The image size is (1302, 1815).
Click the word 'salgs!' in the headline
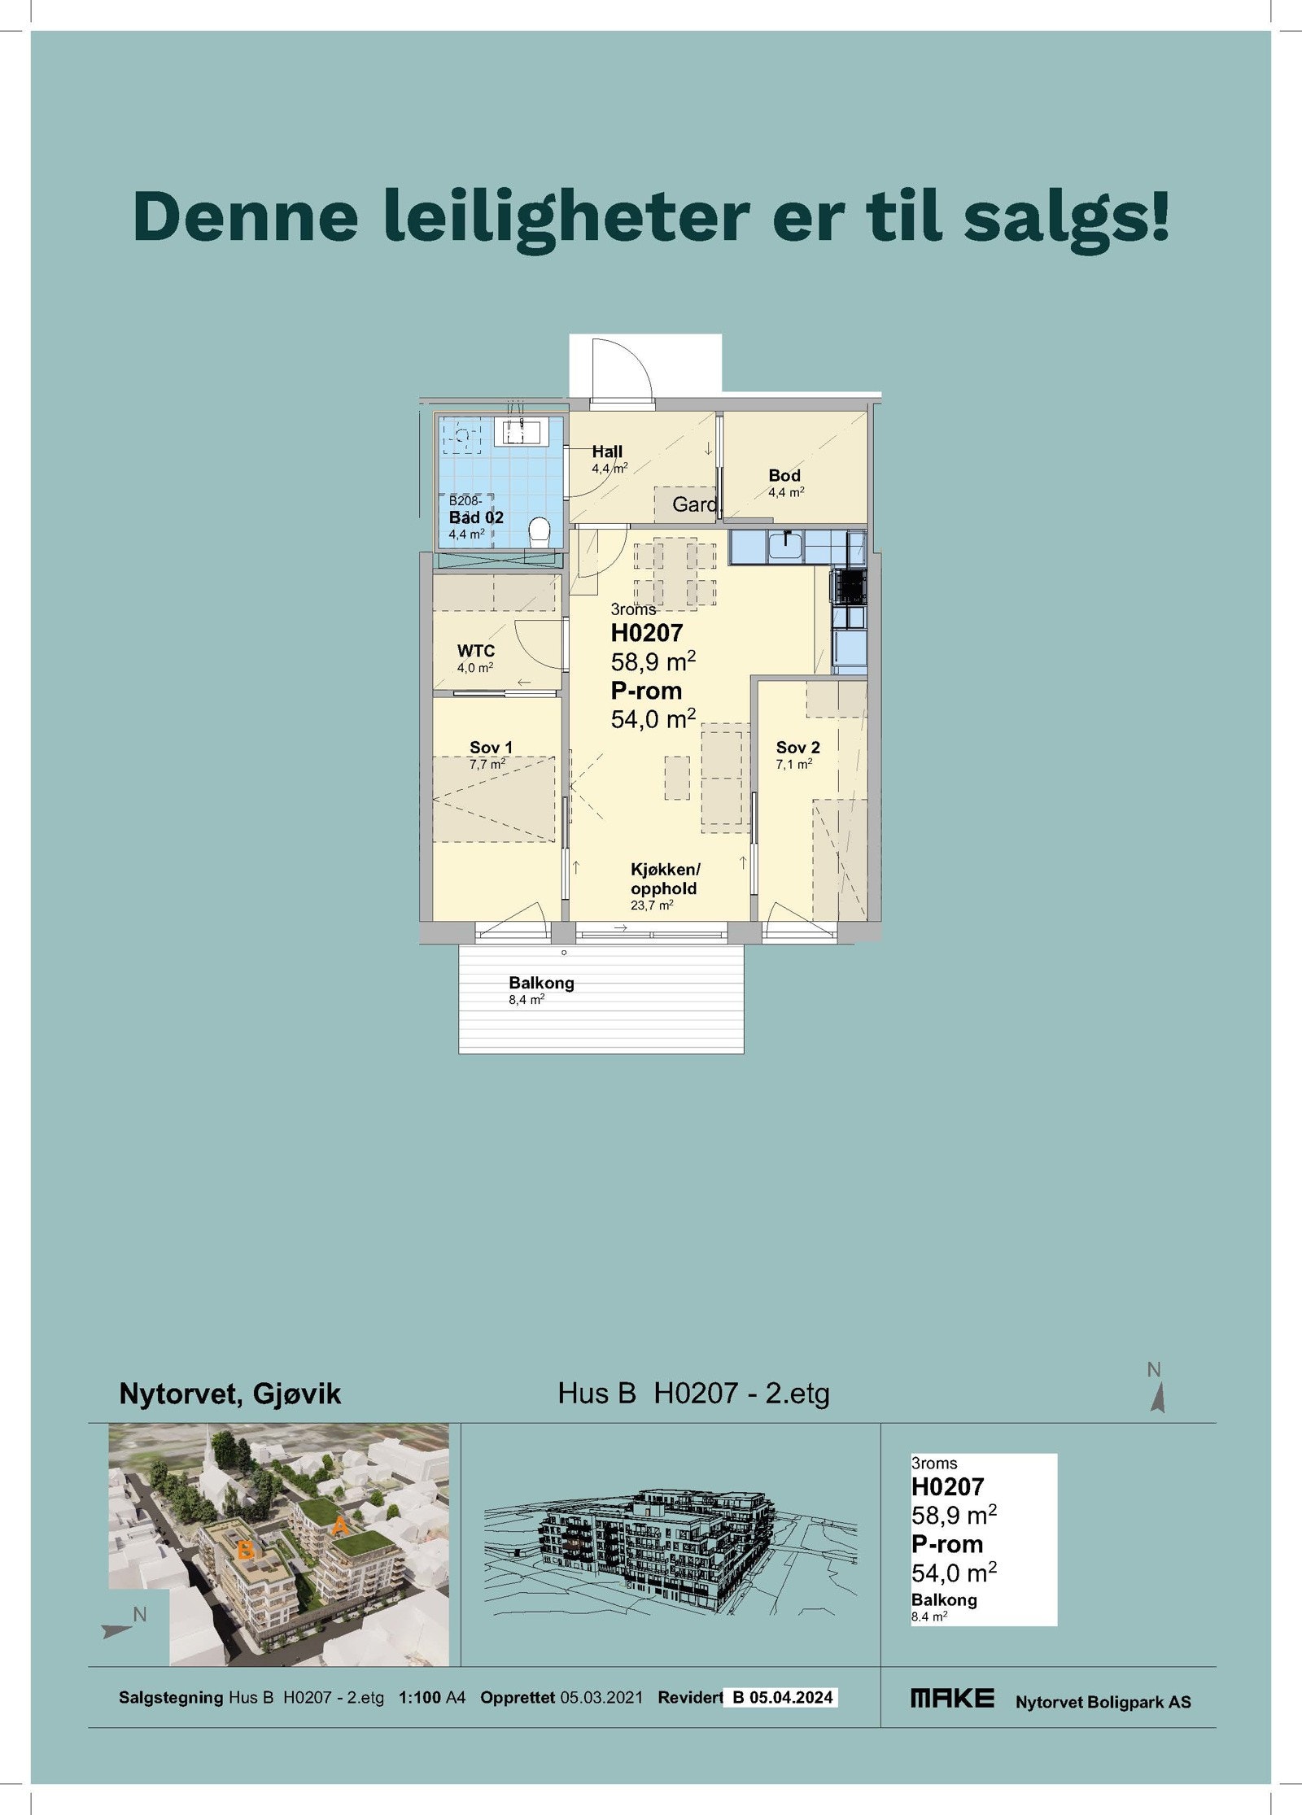(1066, 216)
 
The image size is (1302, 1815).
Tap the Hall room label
(607, 452)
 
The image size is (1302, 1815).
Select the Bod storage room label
(784, 476)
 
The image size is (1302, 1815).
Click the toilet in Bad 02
(540, 533)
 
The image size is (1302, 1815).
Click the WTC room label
(476, 651)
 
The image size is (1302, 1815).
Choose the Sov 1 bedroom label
(491, 748)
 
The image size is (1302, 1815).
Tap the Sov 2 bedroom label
(797, 748)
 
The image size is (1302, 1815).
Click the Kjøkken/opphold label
(665, 879)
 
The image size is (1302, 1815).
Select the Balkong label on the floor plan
(541, 983)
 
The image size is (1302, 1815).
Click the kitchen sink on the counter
(786, 546)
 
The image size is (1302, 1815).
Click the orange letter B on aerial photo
(245, 1551)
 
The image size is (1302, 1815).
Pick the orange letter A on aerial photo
(340, 1526)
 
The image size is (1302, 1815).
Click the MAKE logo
(952, 1698)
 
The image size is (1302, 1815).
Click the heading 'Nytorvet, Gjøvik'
(229, 1394)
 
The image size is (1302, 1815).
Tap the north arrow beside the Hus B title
(1157, 1398)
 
